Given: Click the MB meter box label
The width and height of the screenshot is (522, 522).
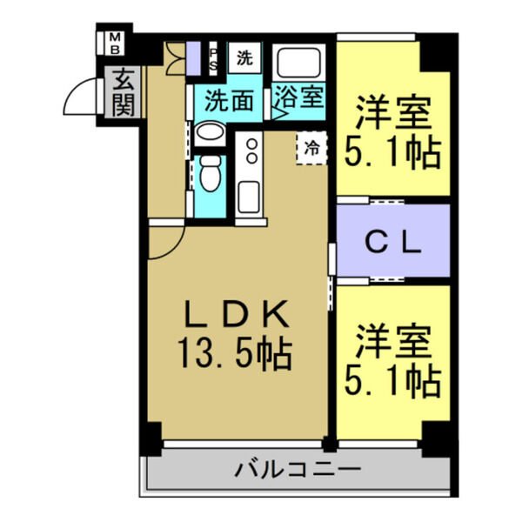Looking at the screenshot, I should tap(116, 43).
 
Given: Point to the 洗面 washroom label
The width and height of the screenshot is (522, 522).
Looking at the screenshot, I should tap(230, 101).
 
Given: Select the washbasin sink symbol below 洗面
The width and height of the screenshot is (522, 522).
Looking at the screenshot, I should tap(208, 135).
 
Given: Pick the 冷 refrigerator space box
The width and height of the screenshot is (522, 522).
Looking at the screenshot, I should tap(311, 147).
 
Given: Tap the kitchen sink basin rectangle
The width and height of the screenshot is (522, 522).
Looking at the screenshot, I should tap(250, 197).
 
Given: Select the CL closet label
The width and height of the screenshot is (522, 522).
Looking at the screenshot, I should tap(392, 241).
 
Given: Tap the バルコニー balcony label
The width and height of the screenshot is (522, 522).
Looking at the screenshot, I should tap(298, 471).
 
